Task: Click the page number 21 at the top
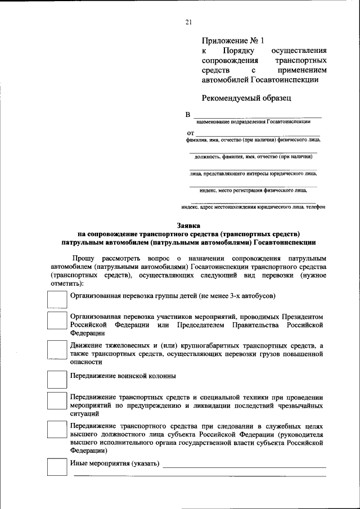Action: tap(188, 22)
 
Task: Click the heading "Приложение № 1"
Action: tap(232, 40)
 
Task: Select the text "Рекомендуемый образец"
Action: tap(246, 98)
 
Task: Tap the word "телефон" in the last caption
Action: tap(315, 207)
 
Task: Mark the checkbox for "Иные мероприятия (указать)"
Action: tap(56, 467)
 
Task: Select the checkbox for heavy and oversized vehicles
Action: tap(56, 349)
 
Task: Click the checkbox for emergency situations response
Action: tap(56, 401)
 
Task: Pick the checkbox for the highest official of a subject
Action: tap(56, 429)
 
